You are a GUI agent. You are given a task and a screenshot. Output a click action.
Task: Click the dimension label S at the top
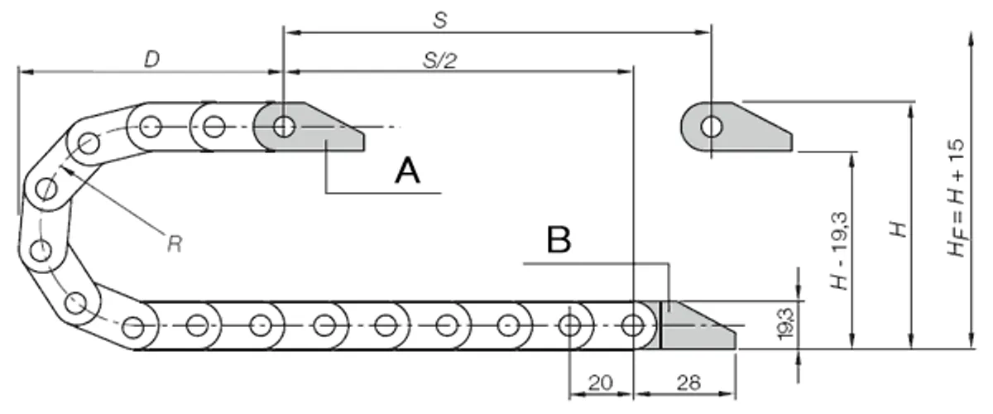pyautogui.click(x=439, y=20)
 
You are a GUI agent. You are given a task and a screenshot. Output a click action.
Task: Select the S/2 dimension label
pyautogui.click(x=439, y=60)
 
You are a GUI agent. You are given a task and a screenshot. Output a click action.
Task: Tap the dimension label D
pyautogui.click(x=152, y=59)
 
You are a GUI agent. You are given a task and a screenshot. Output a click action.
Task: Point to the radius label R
pyautogui.click(x=175, y=243)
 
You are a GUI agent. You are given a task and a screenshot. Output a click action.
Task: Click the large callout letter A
pyautogui.click(x=407, y=171)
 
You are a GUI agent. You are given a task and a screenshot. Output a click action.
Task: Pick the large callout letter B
pyautogui.click(x=559, y=239)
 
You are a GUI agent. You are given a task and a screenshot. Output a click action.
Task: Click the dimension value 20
pyautogui.click(x=601, y=383)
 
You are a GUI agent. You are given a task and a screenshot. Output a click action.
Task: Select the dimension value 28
pyautogui.click(x=688, y=383)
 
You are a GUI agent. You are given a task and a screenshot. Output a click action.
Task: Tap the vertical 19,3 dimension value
pyautogui.click(x=785, y=324)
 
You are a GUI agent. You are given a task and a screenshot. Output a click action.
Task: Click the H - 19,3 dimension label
pyautogui.click(x=839, y=251)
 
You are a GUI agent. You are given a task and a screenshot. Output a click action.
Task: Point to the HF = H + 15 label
pyautogui.click(x=957, y=198)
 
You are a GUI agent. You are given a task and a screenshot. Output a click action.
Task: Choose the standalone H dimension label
pyautogui.click(x=899, y=229)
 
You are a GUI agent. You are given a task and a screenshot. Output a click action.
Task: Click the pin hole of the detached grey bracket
pyautogui.click(x=712, y=127)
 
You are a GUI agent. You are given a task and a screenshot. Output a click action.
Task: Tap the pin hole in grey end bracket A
pyautogui.click(x=284, y=127)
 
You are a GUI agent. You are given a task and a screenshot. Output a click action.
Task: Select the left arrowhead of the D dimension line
pyautogui.click(x=26, y=72)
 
